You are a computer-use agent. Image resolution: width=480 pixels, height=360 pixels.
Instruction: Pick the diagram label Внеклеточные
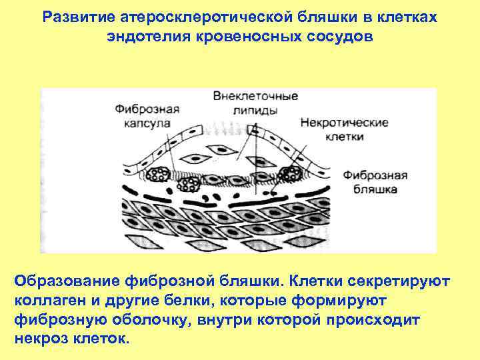click(246, 96)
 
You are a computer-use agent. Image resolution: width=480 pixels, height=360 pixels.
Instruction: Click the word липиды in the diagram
click(246, 110)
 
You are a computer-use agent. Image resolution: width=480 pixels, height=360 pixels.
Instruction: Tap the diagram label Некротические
click(344, 123)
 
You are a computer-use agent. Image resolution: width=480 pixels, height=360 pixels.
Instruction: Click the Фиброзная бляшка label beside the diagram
click(375, 182)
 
